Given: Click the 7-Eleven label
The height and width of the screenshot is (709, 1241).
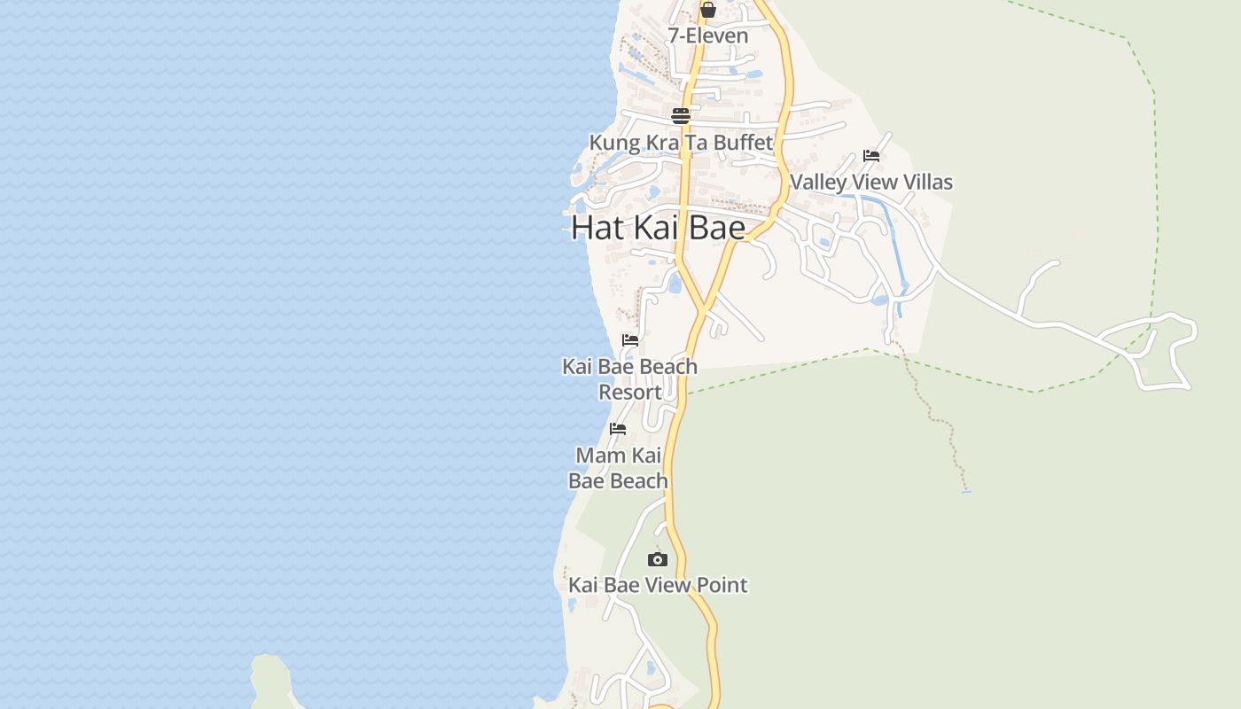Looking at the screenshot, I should pyautogui.click(x=707, y=36).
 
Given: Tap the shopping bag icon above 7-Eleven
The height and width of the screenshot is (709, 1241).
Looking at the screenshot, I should pyautogui.click(x=707, y=11).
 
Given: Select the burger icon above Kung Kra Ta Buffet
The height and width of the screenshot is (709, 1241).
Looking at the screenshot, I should pyautogui.click(x=680, y=116).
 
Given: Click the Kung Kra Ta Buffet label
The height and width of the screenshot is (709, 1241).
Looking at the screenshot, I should pyautogui.click(x=681, y=143).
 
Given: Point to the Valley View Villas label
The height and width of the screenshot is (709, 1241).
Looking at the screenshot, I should pyautogui.click(x=870, y=183).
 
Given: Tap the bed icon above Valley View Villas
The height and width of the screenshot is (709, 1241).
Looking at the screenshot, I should pyautogui.click(x=871, y=156).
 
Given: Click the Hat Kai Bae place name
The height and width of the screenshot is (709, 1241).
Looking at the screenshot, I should pyautogui.click(x=658, y=228).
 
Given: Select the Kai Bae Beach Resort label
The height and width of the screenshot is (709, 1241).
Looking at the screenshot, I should pyautogui.click(x=629, y=379).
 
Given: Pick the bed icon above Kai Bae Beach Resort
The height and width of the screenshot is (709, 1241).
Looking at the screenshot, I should pyautogui.click(x=630, y=340).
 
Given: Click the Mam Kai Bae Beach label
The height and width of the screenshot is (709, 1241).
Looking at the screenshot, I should pyautogui.click(x=618, y=468).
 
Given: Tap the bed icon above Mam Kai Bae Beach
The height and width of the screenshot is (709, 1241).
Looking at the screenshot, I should pyautogui.click(x=618, y=429).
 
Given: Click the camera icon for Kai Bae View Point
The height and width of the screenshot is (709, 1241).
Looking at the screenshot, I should pyautogui.click(x=657, y=559).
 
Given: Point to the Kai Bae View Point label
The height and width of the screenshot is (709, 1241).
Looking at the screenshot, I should pyautogui.click(x=657, y=585).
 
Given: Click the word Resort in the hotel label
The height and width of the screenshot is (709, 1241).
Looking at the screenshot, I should pyautogui.click(x=629, y=393).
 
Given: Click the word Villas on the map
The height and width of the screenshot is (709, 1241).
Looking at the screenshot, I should pyautogui.click(x=924, y=183).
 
